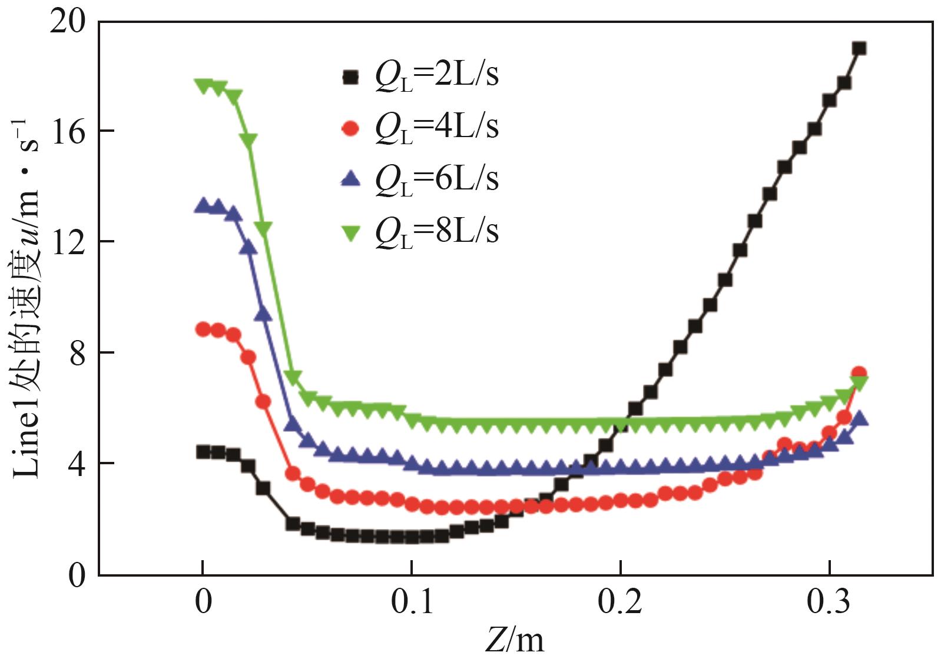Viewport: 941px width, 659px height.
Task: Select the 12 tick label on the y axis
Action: coord(69,241)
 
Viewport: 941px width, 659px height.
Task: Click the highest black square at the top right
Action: coord(859,48)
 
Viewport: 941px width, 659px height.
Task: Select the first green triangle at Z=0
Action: coord(203,86)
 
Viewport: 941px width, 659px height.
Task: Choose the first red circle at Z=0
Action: coord(203,329)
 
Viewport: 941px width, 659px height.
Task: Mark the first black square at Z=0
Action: coord(203,452)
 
